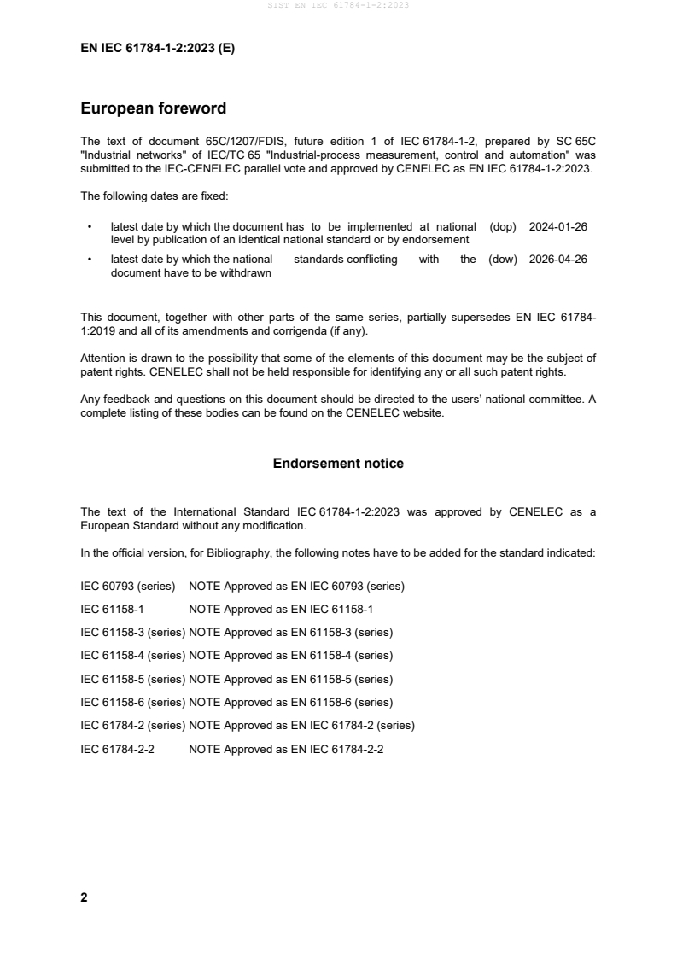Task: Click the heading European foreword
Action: [x=153, y=108]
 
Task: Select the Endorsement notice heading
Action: [x=338, y=464]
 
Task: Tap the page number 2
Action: [x=84, y=897]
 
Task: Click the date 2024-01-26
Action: [x=558, y=227]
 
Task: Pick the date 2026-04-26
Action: [x=558, y=260]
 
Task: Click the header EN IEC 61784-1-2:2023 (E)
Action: [x=157, y=49]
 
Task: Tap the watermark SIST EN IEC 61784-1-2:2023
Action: [x=338, y=5]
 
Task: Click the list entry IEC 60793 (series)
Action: [x=127, y=587]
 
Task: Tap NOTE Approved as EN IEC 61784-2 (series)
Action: [x=301, y=726]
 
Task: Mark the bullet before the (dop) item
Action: [x=90, y=228]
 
